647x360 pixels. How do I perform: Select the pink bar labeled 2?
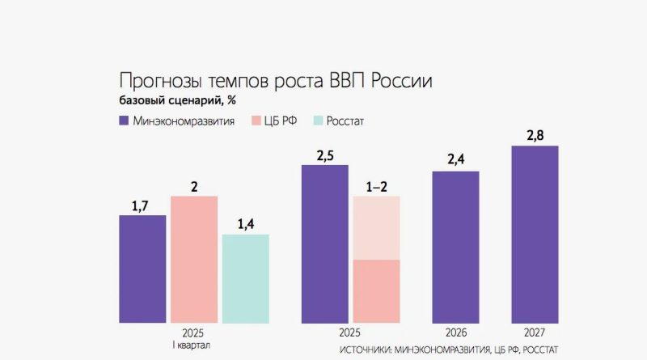click(194, 259)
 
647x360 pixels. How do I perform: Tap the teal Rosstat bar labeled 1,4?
click(245, 278)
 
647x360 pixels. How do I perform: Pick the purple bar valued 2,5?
click(325, 243)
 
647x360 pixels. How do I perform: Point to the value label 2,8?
click(535, 133)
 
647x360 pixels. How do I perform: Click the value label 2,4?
click(455, 159)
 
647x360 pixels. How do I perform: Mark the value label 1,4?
click(245, 223)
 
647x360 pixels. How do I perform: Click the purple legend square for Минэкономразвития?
click(125, 121)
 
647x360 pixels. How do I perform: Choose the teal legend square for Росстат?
click(319, 121)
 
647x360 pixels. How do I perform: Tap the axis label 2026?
click(456, 332)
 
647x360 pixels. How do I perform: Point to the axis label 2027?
click(535, 332)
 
